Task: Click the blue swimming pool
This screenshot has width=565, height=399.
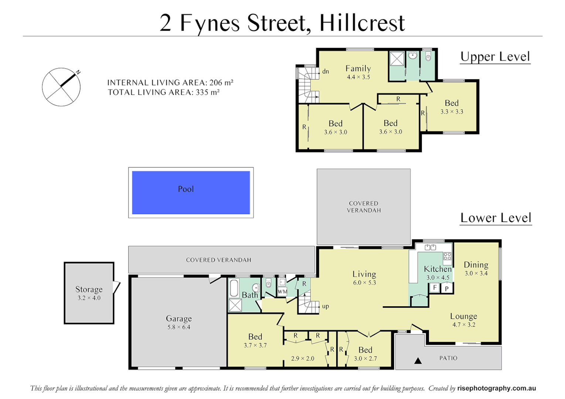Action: [x=191, y=192]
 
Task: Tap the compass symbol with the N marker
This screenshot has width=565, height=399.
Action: [x=61, y=87]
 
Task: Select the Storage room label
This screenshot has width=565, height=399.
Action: [x=89, y=289]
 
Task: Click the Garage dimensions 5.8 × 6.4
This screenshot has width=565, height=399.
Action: [x=178, y=327]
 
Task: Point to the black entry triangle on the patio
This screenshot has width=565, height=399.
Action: [x=418, y=361]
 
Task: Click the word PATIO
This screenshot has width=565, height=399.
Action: [x=448, y=358]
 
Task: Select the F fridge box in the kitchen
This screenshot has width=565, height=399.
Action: [x=435, y=287]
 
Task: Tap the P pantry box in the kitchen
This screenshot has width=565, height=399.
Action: [x=447, y=289]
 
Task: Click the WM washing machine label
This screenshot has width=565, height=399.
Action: [x=282, y=291]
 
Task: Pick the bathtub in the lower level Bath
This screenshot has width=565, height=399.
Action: [x=234, y=288]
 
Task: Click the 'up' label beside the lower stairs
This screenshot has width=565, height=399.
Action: [x=325, y=306]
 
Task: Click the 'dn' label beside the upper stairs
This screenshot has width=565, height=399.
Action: [x=325, y=72]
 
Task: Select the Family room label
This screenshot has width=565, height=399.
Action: [x=358, y=68]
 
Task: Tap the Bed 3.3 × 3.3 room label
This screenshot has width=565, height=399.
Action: [x=452, y=103]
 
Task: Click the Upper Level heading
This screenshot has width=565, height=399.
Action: [x=495, y=57]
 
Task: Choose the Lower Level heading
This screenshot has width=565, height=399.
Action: [x=496, y=218]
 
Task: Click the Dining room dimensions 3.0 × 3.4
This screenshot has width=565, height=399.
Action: [x=476, y=274]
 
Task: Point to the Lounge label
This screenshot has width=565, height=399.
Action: [x=463, y=316]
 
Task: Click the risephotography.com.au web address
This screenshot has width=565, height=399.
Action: [x=496, y=388]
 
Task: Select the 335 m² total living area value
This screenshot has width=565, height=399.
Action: [x=208, y=92]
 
